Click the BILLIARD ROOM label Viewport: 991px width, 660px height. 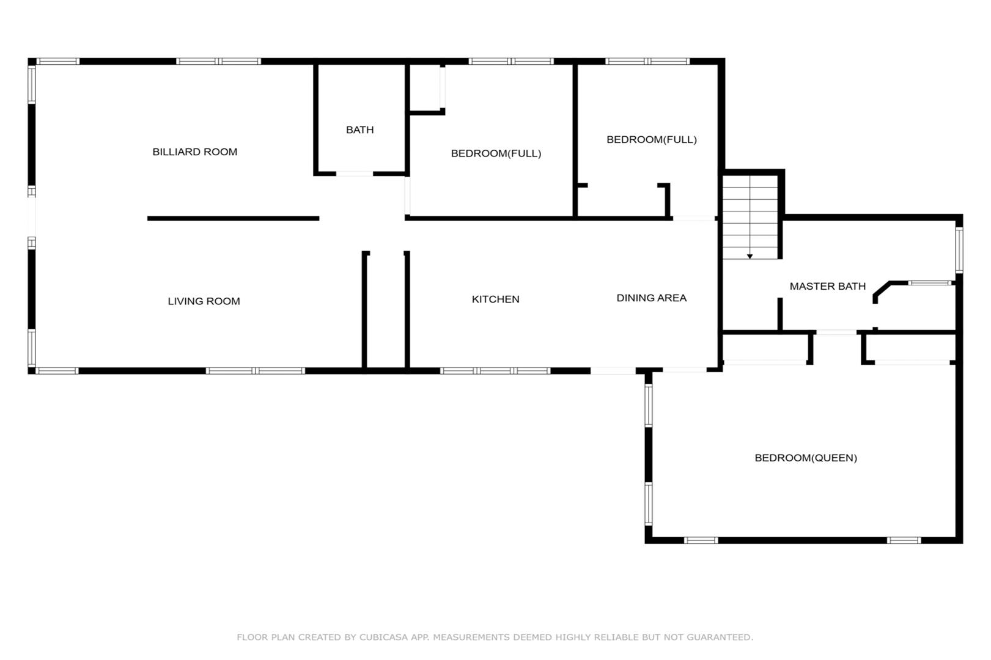[194, 152]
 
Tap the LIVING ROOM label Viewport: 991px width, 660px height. [204, 301]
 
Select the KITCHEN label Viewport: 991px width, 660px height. [495, 299]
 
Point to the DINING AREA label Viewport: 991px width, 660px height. [651, 298]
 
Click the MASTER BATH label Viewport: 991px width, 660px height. [827, 286]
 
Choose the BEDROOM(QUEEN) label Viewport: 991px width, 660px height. [806, 458]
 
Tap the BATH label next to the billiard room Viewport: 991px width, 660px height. [359, 130]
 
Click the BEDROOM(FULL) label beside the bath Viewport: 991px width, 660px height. [496, 153]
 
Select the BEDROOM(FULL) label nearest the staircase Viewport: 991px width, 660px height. [652, 140]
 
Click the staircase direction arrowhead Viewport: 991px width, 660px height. [750, 257]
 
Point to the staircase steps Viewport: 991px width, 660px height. [750, 217]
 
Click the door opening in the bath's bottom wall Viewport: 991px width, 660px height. [355, 174]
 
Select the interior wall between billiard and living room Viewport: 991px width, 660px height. [233, 219]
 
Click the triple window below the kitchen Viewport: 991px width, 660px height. [495, 371]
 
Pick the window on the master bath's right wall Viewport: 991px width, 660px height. [959, 250]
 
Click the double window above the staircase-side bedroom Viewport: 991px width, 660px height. [647, 62]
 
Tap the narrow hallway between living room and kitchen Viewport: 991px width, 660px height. [386, 310]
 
